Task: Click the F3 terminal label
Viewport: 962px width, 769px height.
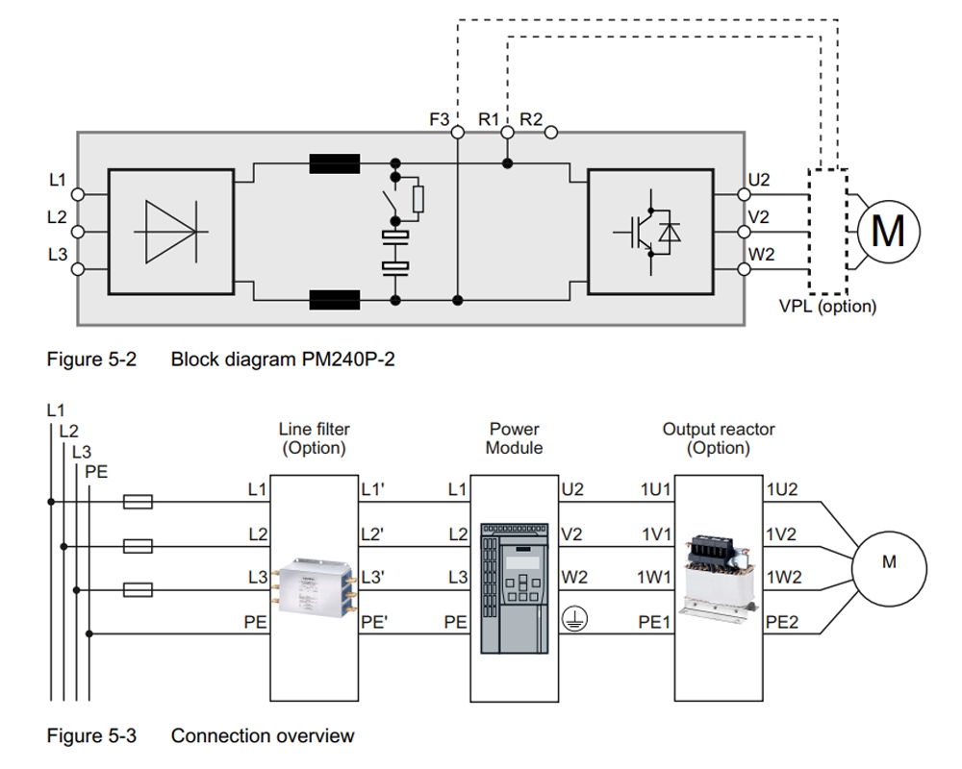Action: click(x=439, y=120)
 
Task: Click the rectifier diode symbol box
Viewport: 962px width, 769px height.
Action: click(x=169, y=232)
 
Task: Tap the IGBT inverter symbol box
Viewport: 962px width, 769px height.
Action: click(x=649, y=232)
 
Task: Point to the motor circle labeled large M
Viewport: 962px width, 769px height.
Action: click(x=887, y=231)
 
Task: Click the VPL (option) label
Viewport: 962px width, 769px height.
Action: click(x=827, y=307)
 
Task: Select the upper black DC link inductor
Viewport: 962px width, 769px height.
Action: click(x=334, y=164)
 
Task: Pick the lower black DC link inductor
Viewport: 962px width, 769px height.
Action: click(x=334, y=300)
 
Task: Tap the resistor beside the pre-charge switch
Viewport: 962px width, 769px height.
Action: click(x=417, y=199)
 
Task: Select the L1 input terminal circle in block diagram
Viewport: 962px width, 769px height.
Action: click(x=78, y=193)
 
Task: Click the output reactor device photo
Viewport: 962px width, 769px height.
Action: click(x=719, y=573)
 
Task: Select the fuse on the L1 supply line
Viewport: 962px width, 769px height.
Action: click(x=139, y=501)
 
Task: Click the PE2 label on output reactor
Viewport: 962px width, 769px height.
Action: click(x=781, y=622)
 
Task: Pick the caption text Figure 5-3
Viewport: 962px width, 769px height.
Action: click(x=92, y=736)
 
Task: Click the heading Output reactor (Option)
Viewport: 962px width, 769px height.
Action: click(x=718, y=438)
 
